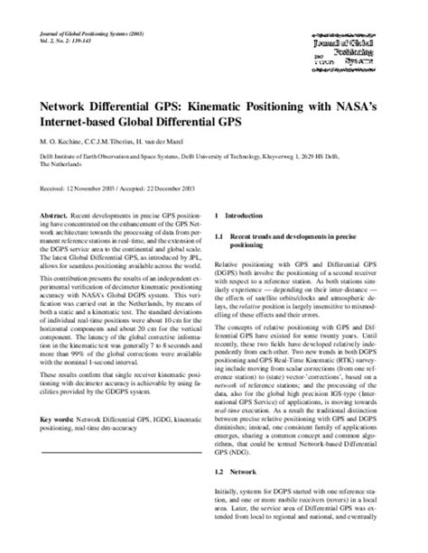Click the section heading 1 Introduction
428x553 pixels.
click(x=243, y=217)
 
